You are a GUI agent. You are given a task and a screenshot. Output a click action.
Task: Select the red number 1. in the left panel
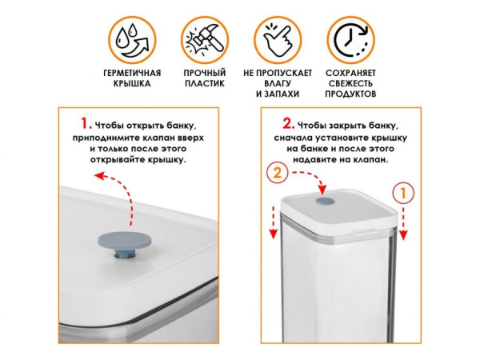pos(86,125)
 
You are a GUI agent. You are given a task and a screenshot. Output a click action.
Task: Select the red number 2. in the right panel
pos(287,125)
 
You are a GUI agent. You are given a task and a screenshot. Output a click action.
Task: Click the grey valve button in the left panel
pos(128,241)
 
